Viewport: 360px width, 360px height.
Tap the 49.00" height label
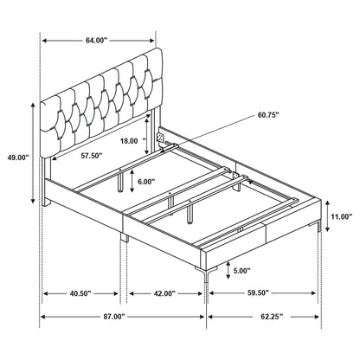(x=16, y=157)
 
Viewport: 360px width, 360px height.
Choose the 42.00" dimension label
(x=163, y=294)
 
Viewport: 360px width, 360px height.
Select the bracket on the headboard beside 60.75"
(x=162, y=137)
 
